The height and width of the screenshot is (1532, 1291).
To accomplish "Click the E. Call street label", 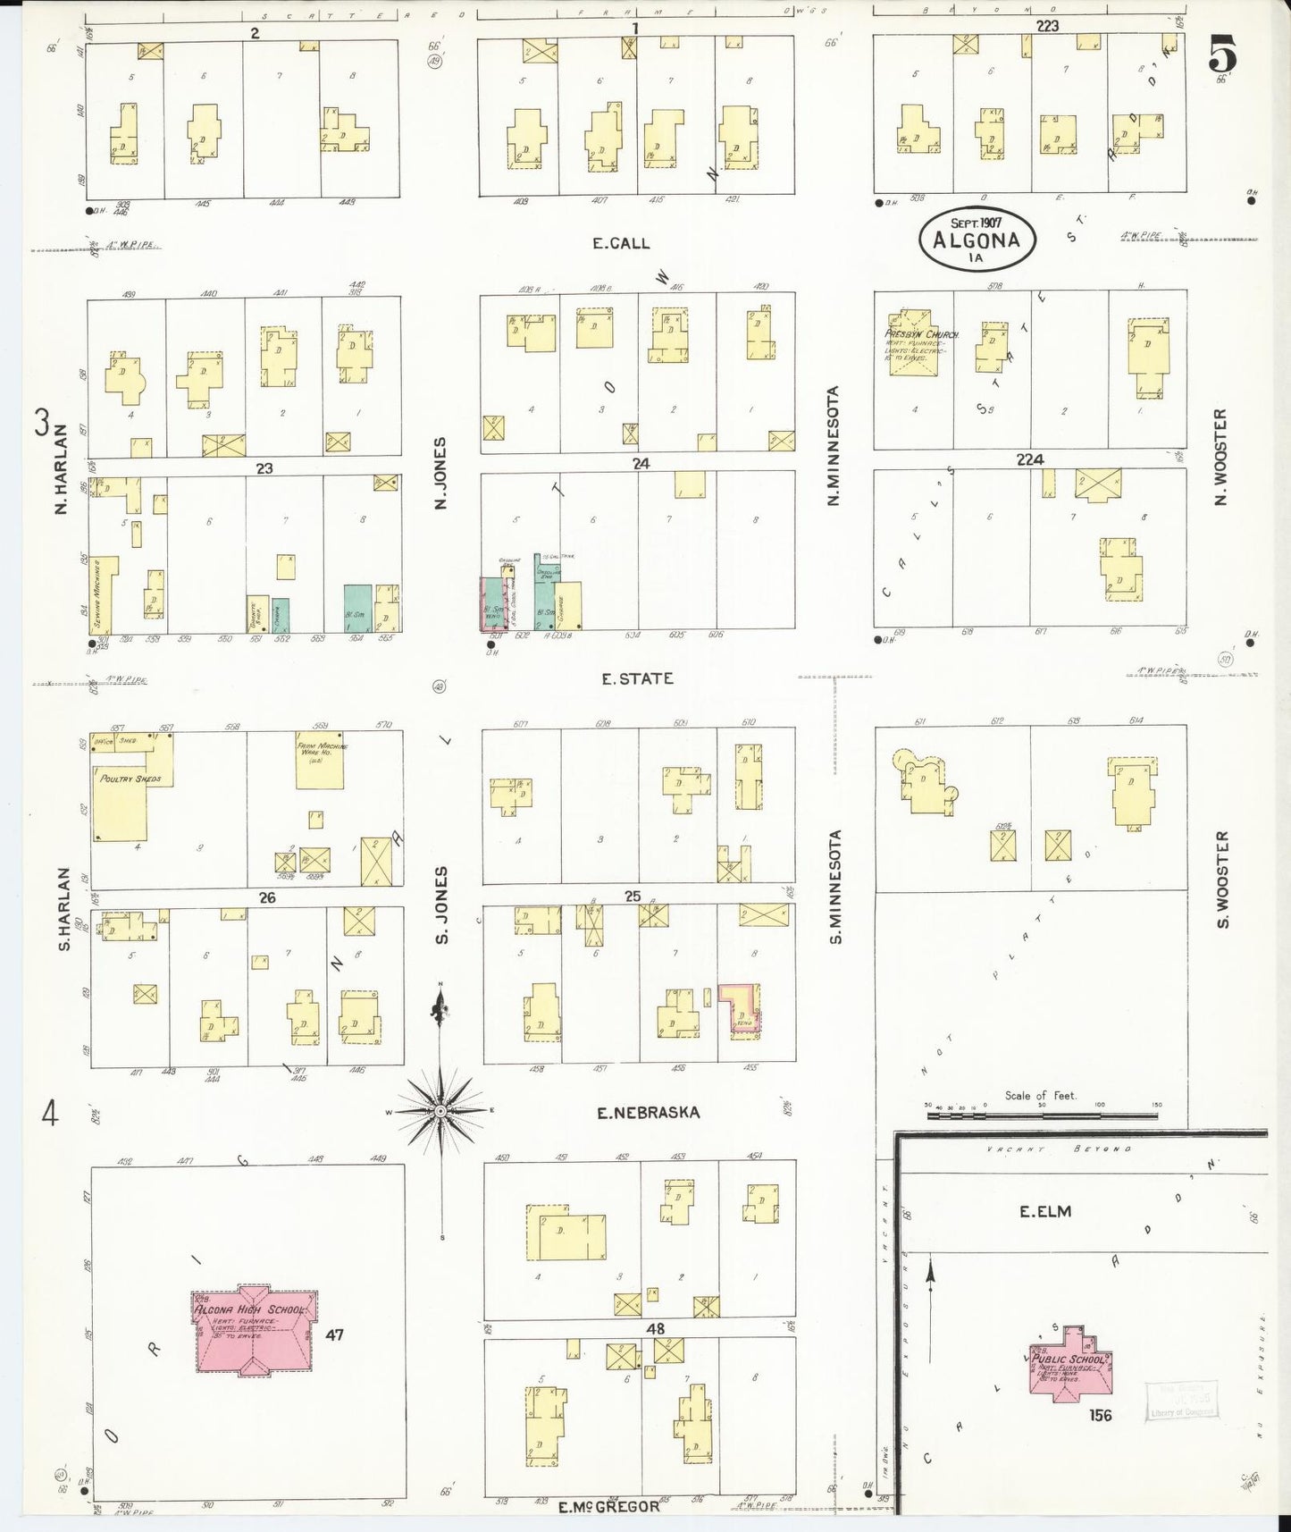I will point(621,243).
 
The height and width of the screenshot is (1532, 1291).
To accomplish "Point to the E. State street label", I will point(637,678).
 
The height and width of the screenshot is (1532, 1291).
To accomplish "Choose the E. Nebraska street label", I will point(649,1113).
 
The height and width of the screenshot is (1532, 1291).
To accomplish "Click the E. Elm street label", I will point(1045,1212).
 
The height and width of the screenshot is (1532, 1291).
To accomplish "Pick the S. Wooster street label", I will point(1222,880).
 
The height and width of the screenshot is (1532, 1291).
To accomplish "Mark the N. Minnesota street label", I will point(834,445).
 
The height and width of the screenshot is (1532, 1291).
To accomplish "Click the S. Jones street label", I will point(440,904).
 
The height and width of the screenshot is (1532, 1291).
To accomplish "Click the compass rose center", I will point(440,1110).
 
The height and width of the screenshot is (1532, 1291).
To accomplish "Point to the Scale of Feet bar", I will point(1042,1115).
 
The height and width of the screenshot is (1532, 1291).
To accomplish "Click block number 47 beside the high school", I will point(334,1335).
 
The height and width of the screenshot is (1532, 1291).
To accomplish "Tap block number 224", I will point(1030,459).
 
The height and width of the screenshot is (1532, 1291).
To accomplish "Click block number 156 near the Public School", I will point(1100,1415).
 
